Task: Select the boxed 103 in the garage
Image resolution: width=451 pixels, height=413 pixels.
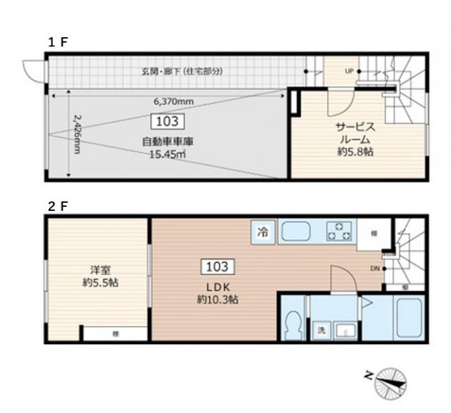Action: [x=168, y=121]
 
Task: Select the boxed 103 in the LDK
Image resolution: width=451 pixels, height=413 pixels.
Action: [x=217, y=267]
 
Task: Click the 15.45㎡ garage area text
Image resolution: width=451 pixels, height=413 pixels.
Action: [x=168, y=154]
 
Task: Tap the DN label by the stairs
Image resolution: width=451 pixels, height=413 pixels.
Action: [x=375, y=268]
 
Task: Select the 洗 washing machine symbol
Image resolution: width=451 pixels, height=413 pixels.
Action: [x=321, y=331]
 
